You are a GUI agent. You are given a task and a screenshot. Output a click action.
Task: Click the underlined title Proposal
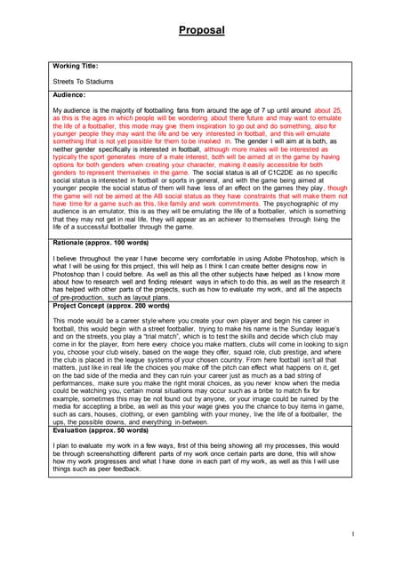point(201,30)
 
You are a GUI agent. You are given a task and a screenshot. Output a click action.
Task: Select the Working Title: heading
point(77,65)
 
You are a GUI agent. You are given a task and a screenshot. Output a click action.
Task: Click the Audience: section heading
point(69,94)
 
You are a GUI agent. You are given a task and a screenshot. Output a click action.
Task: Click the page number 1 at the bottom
point(352,533)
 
